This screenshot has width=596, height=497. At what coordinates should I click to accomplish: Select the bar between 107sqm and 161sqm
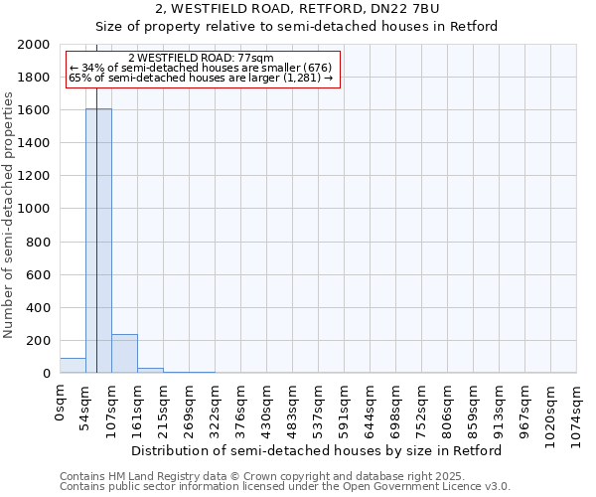pos(124,354)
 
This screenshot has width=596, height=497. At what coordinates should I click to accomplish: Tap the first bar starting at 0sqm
pos(73,366)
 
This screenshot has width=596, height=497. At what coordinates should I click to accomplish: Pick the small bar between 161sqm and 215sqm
pos(150,370)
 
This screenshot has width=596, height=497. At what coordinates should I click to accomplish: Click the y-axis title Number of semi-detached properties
pos(9,215)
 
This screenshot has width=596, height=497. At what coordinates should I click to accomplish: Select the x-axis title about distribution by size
pos(317,450)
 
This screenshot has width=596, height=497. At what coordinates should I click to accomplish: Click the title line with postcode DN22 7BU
pos(298,8)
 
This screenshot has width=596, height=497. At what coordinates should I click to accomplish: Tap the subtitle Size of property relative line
pos(298,26)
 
